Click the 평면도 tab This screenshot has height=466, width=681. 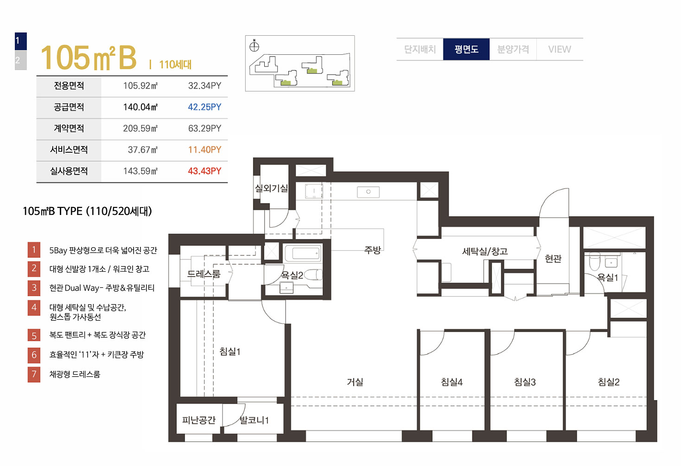(466, 49)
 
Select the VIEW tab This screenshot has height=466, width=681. (560, 49)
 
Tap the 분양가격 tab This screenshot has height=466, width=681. (513, 49)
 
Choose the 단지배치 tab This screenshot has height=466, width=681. (420, 49)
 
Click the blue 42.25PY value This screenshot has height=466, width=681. (204, 107)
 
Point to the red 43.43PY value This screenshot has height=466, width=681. (204, 171)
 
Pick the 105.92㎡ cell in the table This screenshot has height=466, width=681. (140, 86)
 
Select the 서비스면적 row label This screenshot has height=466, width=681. (69, 150)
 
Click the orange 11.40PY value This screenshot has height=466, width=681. (204, 150)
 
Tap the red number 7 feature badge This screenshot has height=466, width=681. (34, 374)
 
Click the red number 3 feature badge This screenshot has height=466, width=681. (34, 288)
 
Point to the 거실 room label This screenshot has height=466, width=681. (355, 382)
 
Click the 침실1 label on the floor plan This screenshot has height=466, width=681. (230, 351)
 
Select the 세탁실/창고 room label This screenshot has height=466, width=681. (484, 251)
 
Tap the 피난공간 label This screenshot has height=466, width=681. (199, 420)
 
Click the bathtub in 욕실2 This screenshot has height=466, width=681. (303, 253)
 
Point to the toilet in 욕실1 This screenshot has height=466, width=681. (594, 261)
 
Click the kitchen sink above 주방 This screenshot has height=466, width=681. (368, 192)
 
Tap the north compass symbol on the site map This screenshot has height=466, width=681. (254, 46)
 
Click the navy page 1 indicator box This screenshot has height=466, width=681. (21, 41)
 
